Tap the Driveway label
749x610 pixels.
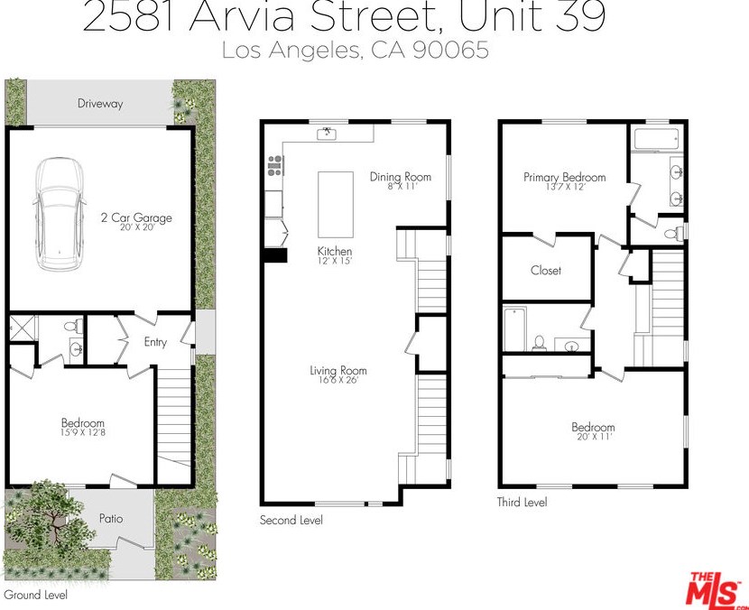click(x=99, y=104)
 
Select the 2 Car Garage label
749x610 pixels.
click(x=136, y=217)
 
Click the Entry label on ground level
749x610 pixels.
click(x=155, y=342)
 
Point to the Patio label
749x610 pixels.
click(x=111, y=519)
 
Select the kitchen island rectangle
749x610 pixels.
click(x=335, y=204)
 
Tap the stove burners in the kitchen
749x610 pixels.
click(x=274, y=165)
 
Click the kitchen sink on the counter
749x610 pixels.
click(x=327, y=134)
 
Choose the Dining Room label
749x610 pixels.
click(x=401, y=177)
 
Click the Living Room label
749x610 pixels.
click(x=338, y=371)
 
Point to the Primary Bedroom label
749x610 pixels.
click(x=564, y=178)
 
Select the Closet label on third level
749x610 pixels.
click(x=546, y=271)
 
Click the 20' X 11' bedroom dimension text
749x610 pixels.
click(x=593, y=438)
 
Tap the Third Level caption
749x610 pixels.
click(x=522, y=503)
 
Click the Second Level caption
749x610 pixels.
click(x=291, y=521)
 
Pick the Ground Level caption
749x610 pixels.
click(x=35, y=595)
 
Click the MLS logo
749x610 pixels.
click(x=716, y=587)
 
